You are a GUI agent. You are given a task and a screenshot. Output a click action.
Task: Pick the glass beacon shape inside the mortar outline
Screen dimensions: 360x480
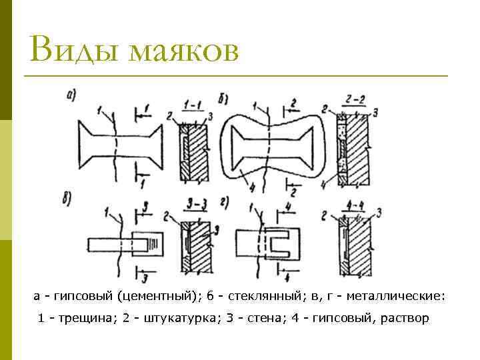tap(271, 146)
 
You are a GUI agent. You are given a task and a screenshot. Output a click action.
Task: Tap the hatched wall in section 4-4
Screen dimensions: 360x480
tap(360, 247)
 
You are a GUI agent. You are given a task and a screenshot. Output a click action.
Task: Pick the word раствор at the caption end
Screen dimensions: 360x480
tap(406, 318)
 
